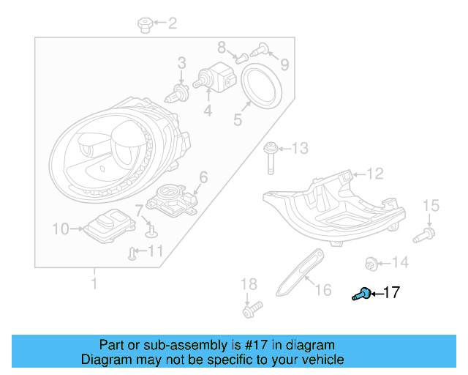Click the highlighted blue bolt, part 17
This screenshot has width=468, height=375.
[x=360, y=294]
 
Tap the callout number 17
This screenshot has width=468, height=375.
[x=391, y=293]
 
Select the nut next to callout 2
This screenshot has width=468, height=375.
[x=144, y=26]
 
